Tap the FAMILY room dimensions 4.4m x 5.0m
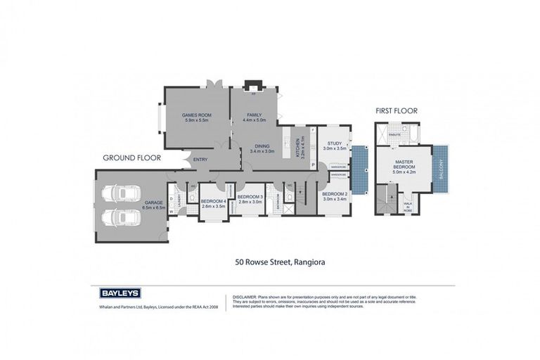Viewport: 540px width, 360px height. pyautogui.click(x=254, y=120)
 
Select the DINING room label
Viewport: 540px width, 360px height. pyautogui.click(x=262, y=146)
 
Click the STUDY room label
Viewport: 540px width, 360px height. pyautogui.click(x=334, y=143)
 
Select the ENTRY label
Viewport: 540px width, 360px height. pyautogui.click(x=200, y=160)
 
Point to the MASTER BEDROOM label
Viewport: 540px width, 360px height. pyautogui.click(x=404, y=164)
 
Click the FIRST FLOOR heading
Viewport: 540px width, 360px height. pyautogui.click(x=396, y=110)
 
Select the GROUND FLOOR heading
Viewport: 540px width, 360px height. pyautogui.click(x=131, y=158)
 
